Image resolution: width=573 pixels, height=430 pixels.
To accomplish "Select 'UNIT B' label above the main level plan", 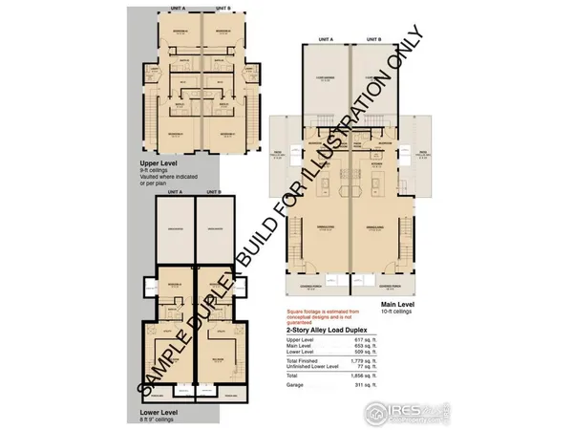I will (374, 40).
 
